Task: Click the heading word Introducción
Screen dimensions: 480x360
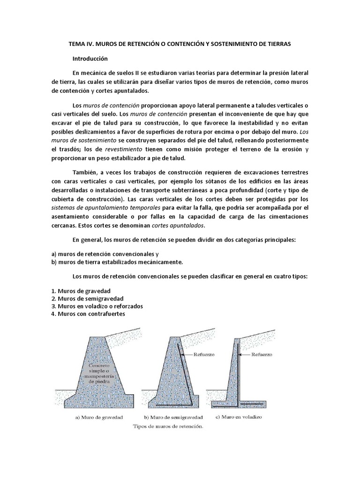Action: click(90, 59)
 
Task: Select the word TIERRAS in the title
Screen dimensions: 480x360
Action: click(279, 44)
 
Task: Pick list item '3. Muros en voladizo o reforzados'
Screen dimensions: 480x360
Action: click(97, 306)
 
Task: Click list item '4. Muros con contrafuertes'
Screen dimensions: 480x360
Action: click(88, 314)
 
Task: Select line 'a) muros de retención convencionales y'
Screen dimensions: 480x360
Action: click(102, 254)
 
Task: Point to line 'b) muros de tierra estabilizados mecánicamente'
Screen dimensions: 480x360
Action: click(117, 262)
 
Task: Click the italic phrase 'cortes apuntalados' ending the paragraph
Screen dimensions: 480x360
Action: click(210, 225)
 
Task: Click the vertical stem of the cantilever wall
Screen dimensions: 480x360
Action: click(234, 370)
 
